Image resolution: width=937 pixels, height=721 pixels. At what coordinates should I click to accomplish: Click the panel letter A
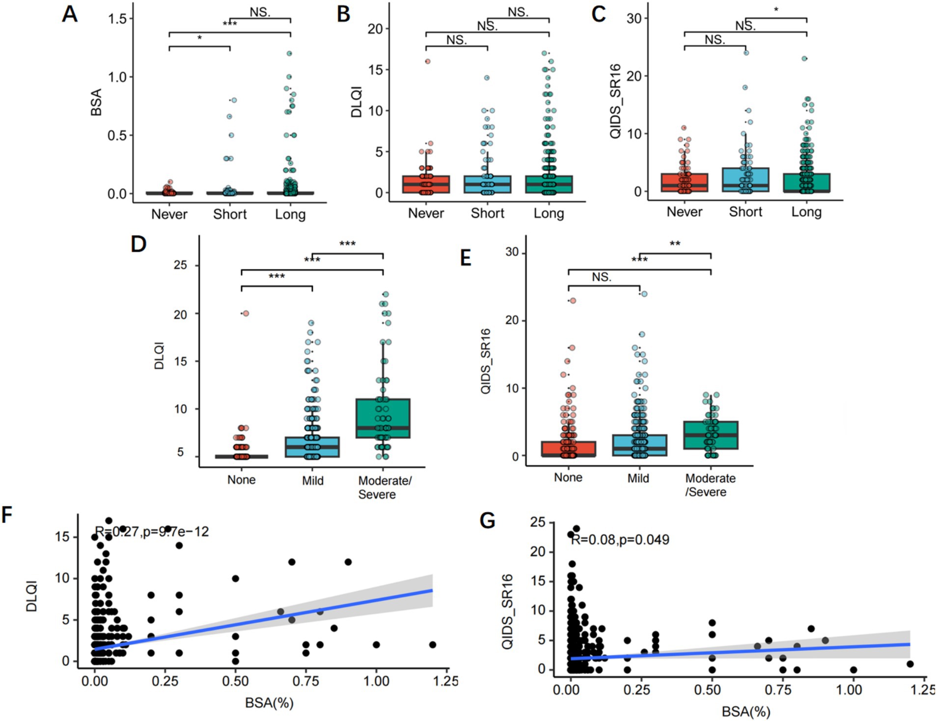(70, 14)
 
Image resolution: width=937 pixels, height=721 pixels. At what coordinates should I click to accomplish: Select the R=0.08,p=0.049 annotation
(620, 540)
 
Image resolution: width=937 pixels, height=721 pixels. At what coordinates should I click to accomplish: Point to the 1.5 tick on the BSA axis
(117, 19)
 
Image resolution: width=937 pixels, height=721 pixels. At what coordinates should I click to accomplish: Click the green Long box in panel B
(549, 184)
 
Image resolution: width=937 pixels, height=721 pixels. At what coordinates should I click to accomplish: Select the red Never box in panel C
(685, 182)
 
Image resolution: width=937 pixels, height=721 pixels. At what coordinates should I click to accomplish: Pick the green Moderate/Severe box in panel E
(711, 435)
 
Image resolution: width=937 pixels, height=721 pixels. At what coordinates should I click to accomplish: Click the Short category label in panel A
(230, 214)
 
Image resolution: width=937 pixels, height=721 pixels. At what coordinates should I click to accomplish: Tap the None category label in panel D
(241, 480)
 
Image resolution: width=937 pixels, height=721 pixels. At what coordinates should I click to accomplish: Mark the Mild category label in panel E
(638, 478)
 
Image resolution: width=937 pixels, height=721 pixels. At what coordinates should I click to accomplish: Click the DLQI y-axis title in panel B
(357, 102)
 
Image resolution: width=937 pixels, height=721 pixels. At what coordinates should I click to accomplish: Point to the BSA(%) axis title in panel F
(269, 703)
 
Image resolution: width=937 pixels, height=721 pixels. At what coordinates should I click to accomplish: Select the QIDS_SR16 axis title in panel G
(507, 612)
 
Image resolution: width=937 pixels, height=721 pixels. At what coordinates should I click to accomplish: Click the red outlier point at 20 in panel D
(246, 314)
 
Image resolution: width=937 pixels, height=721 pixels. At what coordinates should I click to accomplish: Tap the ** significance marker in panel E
(675, 244)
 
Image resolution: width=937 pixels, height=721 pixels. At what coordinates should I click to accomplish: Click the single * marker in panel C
(776, 10)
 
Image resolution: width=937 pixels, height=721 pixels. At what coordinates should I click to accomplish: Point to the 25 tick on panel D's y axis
(181, 265)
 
